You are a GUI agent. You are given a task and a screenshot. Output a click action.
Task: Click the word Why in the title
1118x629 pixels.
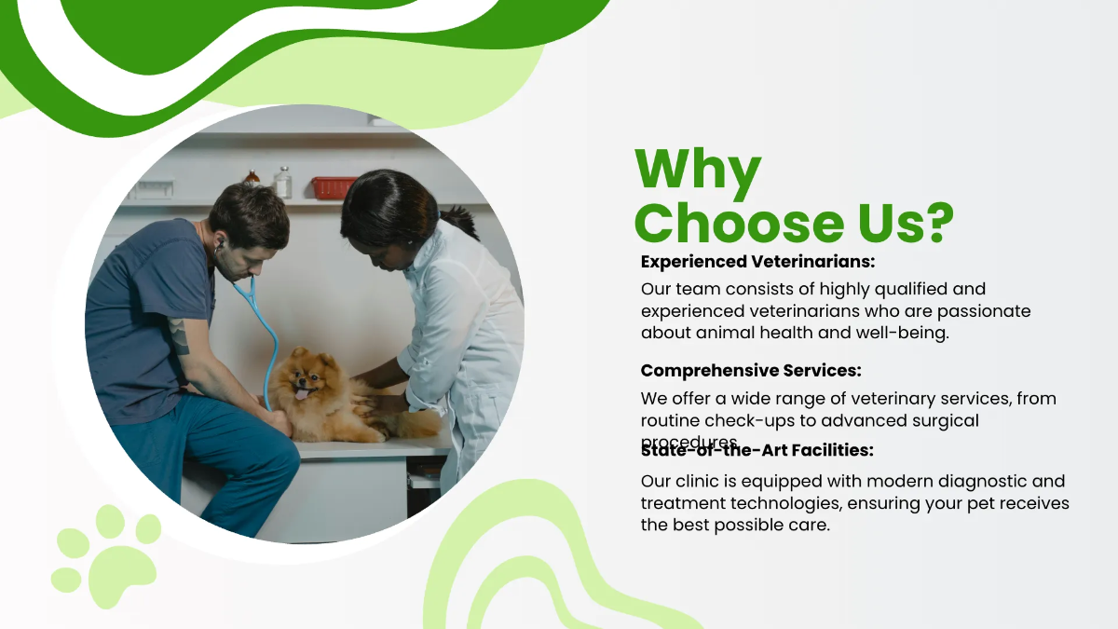point(697,171)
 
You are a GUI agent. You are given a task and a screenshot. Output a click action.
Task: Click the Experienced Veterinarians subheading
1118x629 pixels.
point(757,262)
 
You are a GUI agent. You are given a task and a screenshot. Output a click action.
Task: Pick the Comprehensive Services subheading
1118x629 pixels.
point(751,371)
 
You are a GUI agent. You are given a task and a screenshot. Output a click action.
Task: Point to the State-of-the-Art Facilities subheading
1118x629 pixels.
point(757,451)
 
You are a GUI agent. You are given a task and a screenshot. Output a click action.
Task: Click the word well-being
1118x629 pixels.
point(903,334)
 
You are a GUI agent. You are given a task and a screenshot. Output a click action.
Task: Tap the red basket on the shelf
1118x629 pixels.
point(333,187)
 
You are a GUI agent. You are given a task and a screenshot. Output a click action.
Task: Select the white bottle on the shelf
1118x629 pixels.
point(283,183)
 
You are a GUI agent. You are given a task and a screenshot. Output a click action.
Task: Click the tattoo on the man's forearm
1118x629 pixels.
point(179,335)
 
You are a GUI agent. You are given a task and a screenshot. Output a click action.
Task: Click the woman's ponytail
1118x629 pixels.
point(460,221)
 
